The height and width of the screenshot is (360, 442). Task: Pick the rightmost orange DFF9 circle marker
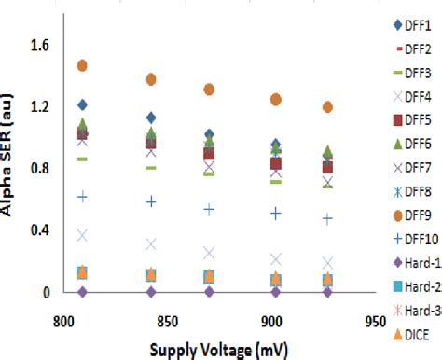327,107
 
